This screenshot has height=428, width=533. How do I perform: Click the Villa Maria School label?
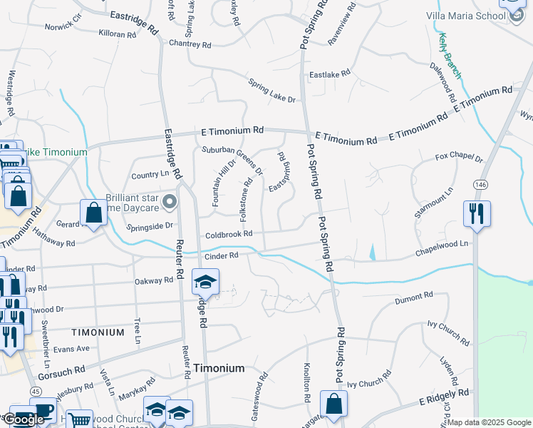(x=466, y=16)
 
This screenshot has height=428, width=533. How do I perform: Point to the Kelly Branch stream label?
(x=450, y=55)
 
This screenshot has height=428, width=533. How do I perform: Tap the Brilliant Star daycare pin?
(x=170, y=203)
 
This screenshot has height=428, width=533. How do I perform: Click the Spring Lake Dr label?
(x=271, y=90)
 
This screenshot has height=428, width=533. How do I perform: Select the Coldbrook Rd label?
(x=229, y=234)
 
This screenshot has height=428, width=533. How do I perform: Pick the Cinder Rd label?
(x=221, y=255)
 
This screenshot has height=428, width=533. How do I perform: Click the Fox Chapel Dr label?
(x=459, y=158)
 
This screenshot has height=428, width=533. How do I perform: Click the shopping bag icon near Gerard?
(x=93, y=212)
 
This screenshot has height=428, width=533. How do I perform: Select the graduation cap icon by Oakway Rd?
(x=205, y=282)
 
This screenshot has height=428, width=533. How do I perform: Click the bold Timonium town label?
(x=219, y=368)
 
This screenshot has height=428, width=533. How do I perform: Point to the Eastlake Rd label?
(x=329, y=73)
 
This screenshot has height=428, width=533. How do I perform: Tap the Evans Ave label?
(x=72, y=348)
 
